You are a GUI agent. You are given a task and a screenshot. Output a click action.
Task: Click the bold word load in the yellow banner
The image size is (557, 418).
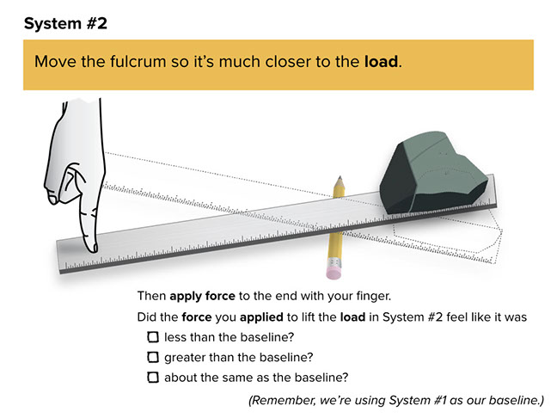pos(381,63)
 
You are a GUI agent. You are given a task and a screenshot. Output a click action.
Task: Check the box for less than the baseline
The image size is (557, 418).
pos(153,337)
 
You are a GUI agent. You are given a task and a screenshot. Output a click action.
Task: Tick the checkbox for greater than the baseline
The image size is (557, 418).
pos(153,357)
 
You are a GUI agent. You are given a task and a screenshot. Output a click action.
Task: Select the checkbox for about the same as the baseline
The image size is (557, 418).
pos(153,378)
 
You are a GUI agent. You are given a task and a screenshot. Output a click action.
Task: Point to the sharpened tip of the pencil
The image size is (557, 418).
pos(340,179)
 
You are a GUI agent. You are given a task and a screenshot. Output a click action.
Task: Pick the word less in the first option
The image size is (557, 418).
pos(176,337)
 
